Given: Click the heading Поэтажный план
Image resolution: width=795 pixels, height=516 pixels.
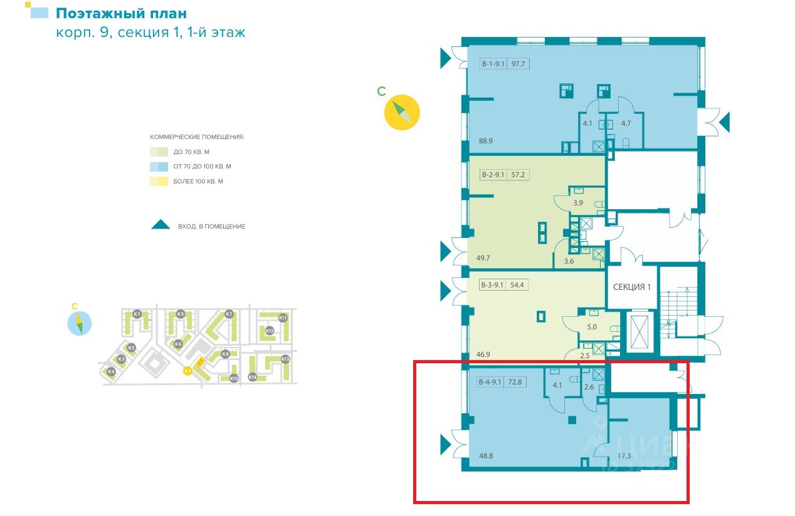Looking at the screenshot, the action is [x=121, y=13].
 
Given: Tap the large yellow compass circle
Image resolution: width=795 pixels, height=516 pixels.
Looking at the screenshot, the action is [x=402, y=112].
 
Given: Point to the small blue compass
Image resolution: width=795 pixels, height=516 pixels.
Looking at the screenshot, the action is [x=80, y=323].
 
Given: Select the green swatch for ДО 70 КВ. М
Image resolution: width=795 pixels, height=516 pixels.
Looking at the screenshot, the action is [x=159, y=152].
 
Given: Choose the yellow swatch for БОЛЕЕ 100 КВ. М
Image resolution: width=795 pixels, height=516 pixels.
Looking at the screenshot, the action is [x=159, y=182].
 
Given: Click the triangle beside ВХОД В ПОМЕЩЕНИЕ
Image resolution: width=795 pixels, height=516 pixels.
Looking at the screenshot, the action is [x=161, y=225].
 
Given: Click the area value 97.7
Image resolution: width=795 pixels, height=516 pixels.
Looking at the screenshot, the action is [x=518, y=63].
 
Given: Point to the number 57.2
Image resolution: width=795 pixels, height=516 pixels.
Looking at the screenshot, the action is [x=518, y=176].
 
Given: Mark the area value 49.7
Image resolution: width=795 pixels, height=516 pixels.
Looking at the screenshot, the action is [x=484, y=258].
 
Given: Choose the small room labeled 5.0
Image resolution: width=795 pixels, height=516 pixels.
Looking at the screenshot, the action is [x=591, y=326].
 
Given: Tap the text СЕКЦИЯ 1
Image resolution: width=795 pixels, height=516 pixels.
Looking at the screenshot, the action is [x=632, y=287].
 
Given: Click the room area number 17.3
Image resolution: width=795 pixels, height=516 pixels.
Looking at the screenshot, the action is [x=624, y=457].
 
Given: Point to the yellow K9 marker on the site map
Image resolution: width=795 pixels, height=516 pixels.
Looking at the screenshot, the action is [x=187, y=371].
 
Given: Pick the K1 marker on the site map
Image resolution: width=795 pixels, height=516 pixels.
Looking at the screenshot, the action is [x=137, y=314].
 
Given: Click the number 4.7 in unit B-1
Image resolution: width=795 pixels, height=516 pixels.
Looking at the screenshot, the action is [x=626, y=123].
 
